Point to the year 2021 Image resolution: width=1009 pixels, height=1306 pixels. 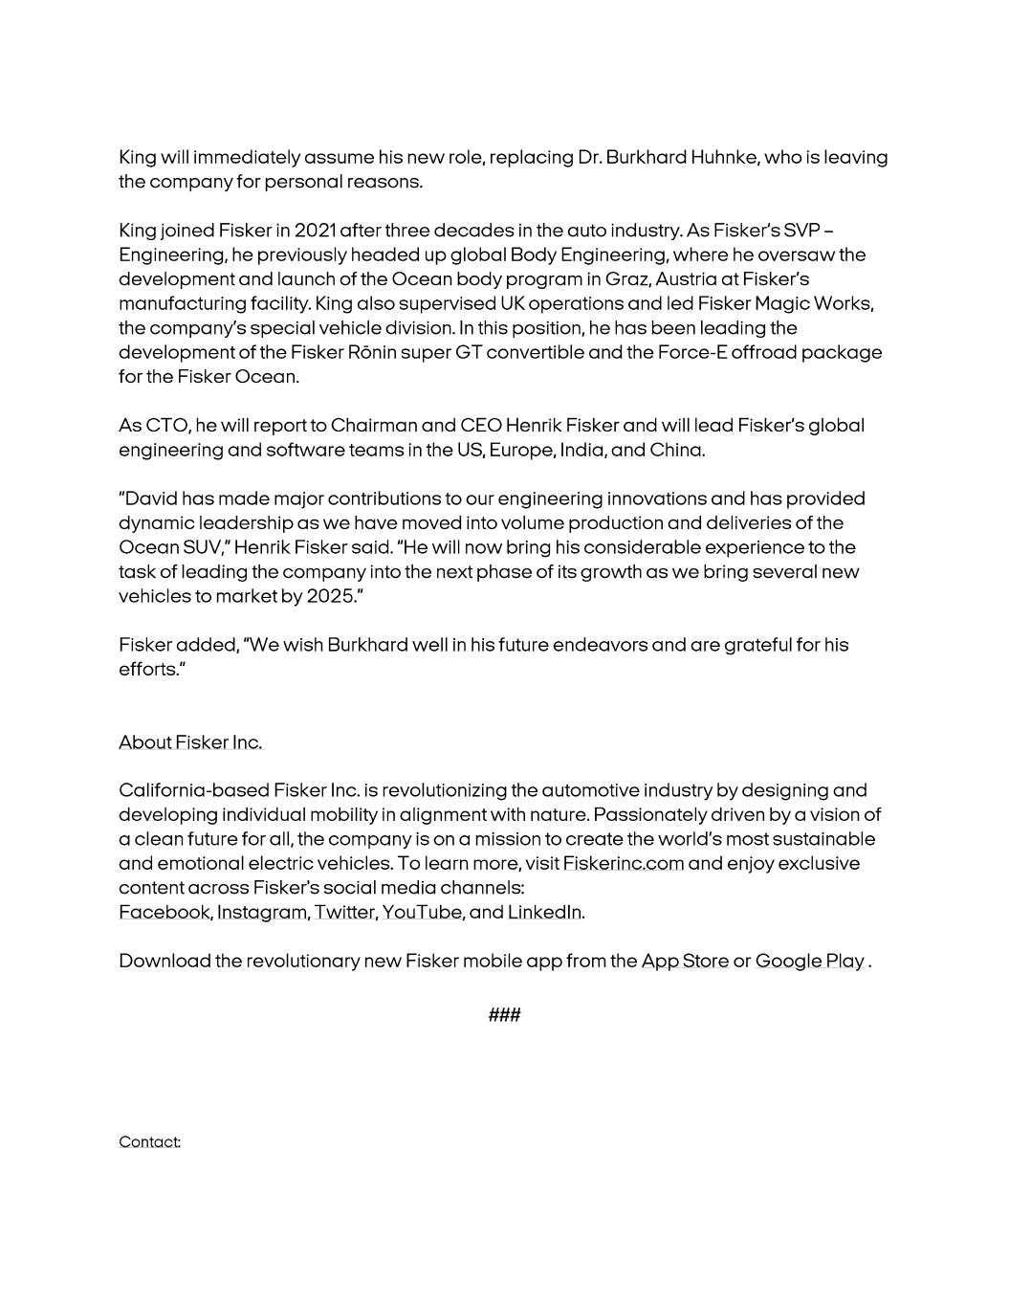click(x=315, y=231)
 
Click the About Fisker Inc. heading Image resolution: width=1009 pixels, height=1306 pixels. click(x=190, y=742)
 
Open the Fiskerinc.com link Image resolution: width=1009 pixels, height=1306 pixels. click(x=623, y=864)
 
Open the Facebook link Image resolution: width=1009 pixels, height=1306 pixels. click(x=164, y=913)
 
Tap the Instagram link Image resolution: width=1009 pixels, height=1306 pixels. click(x=261, y=913)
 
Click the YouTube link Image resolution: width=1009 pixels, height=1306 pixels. click(x=422, y=913)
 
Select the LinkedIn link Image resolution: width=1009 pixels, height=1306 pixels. click(x=544, y=913)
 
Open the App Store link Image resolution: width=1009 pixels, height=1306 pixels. click(x=685, y=962)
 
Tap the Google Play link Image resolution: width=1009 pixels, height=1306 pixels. click(x=809, y=962)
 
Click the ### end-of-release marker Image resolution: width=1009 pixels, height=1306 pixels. click(x=504, y=1015)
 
